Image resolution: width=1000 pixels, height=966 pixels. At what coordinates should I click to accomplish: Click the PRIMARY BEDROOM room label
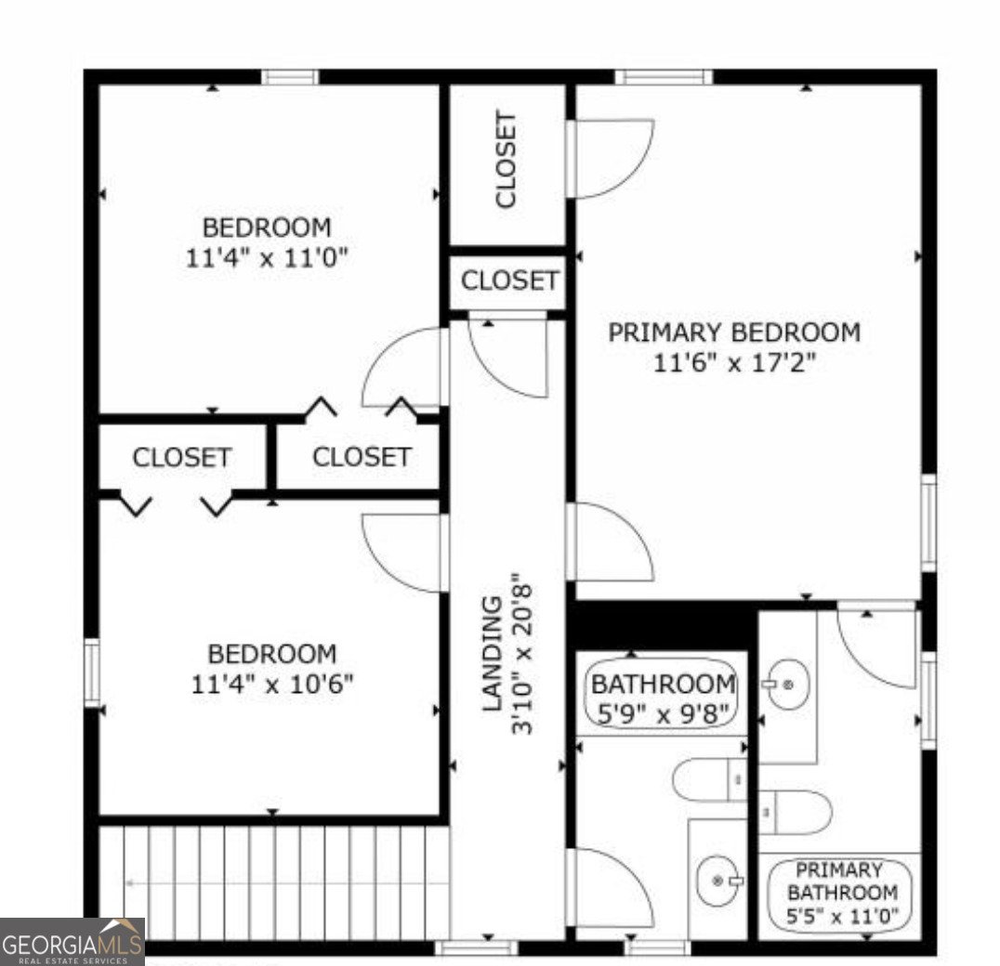734,332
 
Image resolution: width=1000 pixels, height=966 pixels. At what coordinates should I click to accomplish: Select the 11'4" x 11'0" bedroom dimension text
267,257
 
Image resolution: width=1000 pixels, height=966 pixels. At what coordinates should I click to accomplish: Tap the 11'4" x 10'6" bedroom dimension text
271,685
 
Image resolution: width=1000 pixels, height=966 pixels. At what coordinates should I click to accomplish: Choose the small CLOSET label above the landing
509,281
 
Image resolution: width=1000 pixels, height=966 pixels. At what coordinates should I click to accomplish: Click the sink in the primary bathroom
786,685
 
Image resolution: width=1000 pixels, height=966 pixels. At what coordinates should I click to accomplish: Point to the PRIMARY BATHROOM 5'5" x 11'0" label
842,893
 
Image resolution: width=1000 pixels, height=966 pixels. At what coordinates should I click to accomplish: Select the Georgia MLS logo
72,941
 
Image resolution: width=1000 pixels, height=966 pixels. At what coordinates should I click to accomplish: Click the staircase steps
274,881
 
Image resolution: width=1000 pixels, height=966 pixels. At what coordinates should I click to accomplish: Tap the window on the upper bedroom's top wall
290,77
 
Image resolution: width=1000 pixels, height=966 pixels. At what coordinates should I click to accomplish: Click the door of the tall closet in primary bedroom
608,158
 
